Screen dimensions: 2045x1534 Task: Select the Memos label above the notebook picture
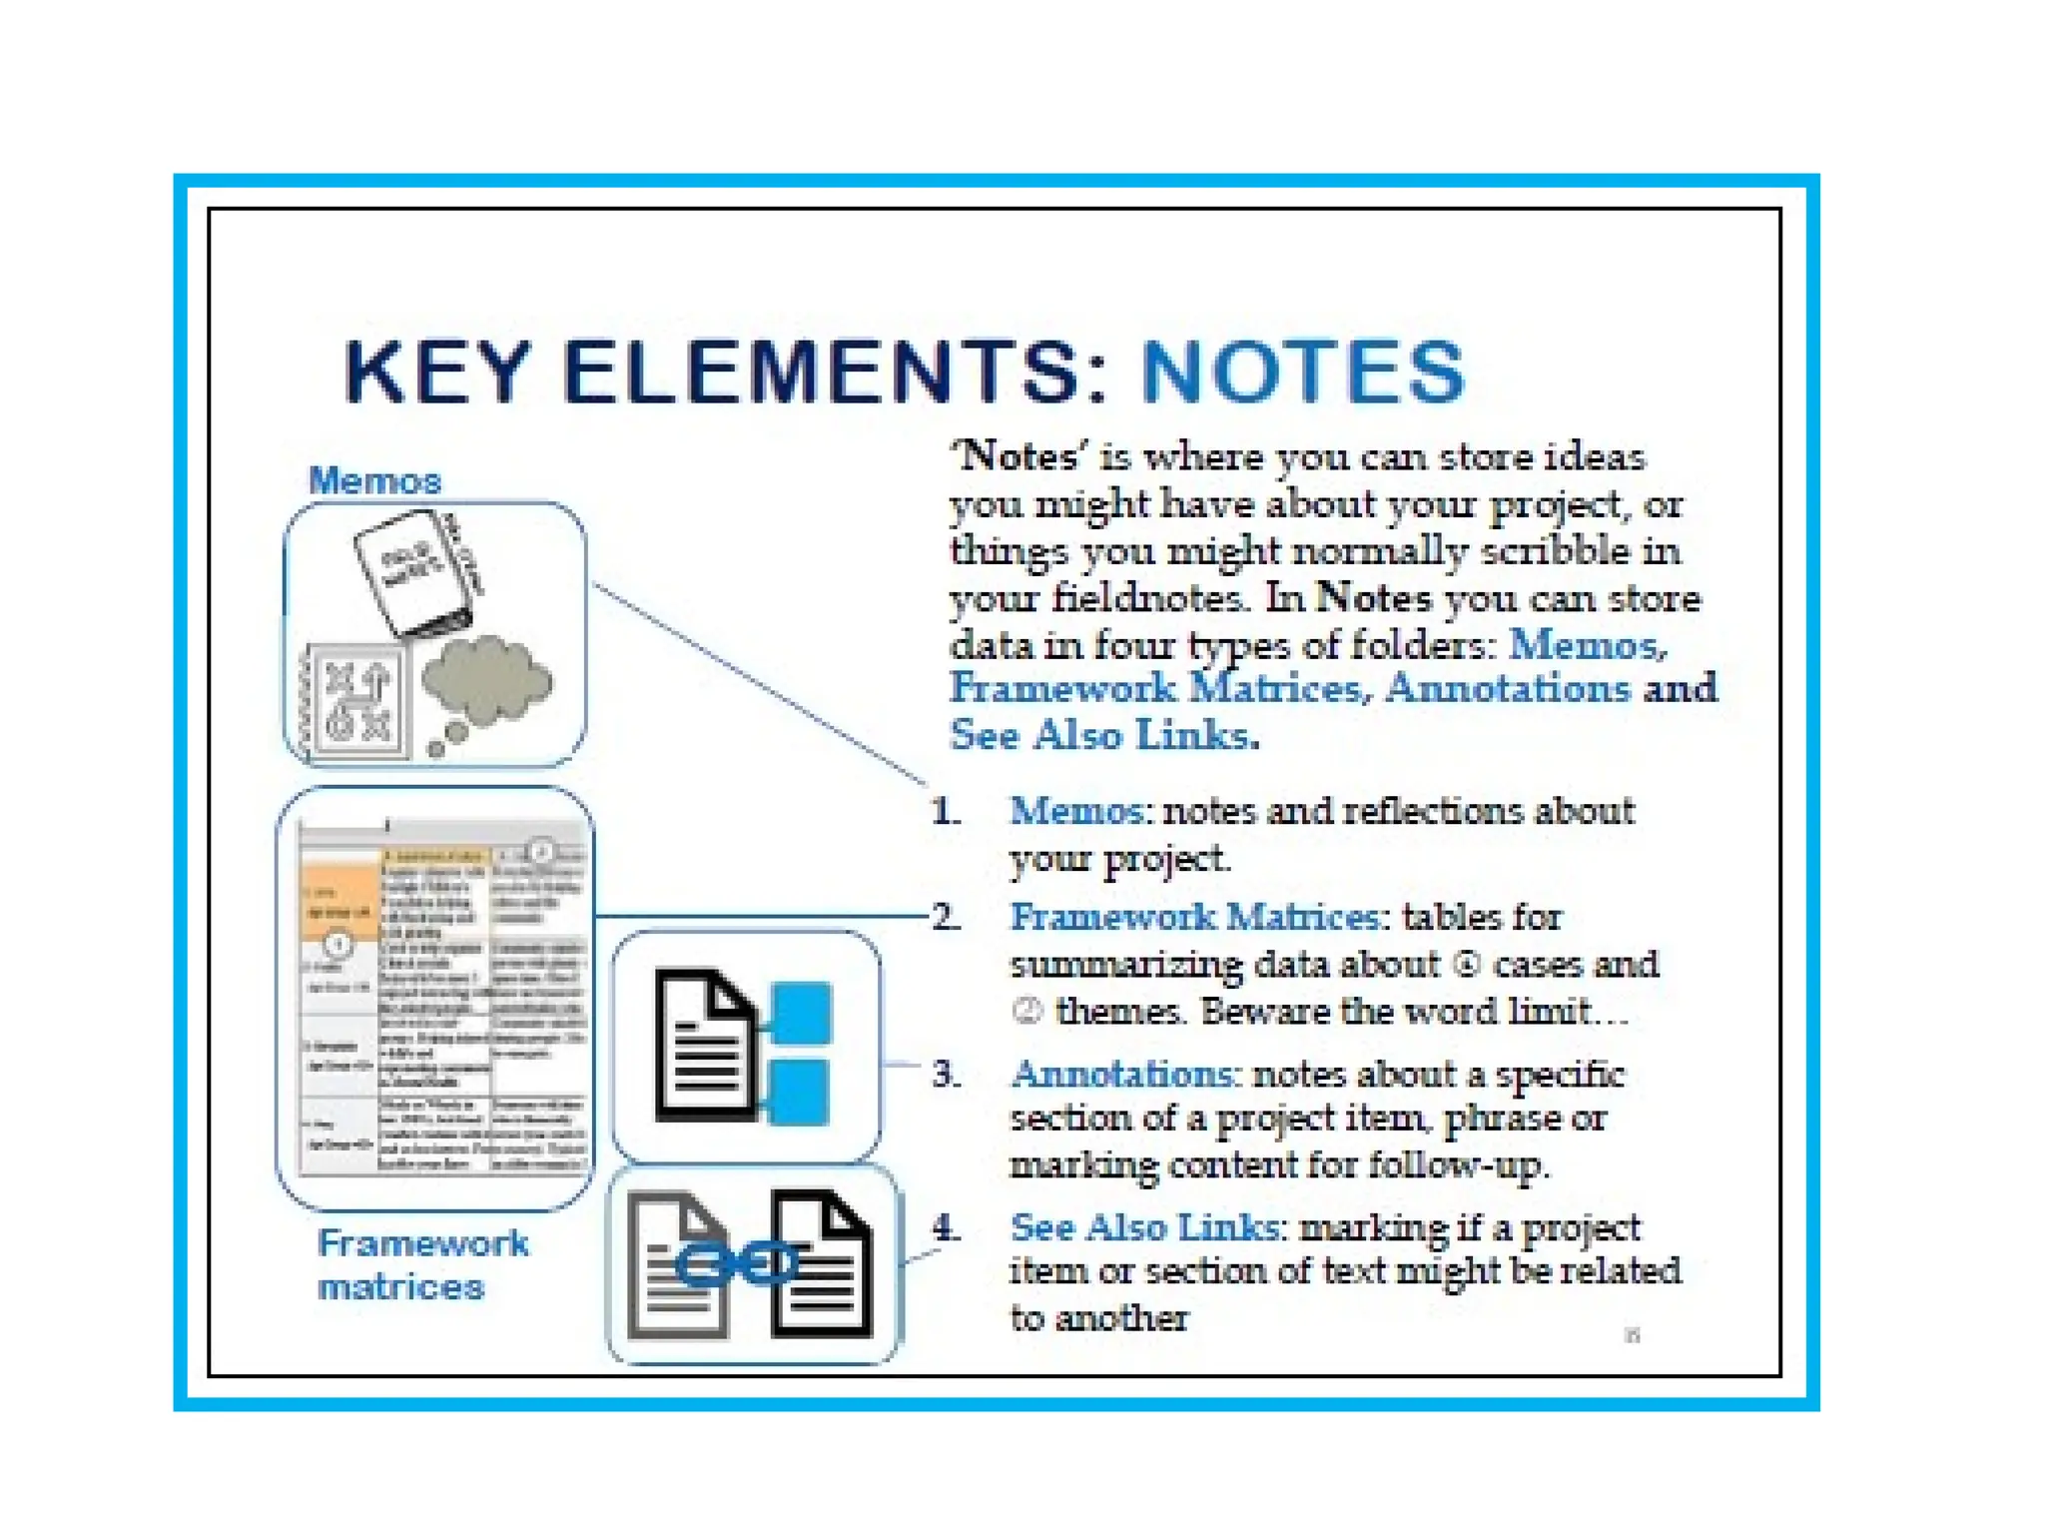tap(374, 480)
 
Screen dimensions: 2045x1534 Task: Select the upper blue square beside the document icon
tap(801, 1012)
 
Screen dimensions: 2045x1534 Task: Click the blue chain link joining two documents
tap(737, 1264)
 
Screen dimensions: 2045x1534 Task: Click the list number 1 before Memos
tap(945, 811)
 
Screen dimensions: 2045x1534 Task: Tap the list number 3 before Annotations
tap(946, 1074)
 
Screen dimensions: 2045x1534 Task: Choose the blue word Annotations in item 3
tap(1123, 1074)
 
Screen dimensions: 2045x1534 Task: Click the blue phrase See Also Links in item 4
tap(1143, 1226)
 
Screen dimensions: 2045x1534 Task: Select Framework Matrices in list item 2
tap(1195, 916)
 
